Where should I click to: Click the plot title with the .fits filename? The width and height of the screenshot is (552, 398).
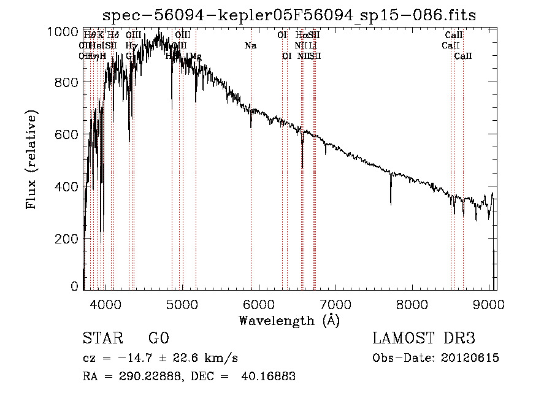(x=289, y=15)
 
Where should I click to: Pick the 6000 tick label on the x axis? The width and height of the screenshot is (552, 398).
(x=259, y=304)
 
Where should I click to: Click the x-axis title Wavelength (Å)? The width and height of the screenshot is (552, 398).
(x=289, y=320)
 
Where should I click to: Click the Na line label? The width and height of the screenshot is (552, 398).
(x=250, y=46)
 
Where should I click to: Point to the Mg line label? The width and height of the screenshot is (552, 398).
(x=196, y=56)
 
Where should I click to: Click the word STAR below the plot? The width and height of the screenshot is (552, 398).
(x=101, y=339)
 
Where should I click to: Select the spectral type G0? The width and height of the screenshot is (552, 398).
(x=158, y=339)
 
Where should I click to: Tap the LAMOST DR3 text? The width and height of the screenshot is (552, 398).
(x=424, y=339)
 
